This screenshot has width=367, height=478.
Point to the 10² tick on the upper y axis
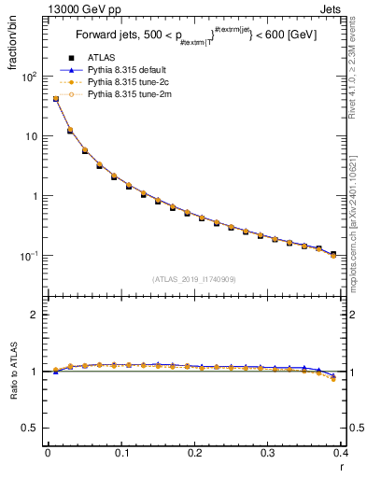tap(31, 77)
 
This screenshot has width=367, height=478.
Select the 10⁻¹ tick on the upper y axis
tap(31, 256)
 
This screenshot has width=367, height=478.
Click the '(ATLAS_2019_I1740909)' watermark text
tap(193, 279)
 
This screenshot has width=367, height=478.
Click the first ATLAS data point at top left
tap(55, 99)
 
